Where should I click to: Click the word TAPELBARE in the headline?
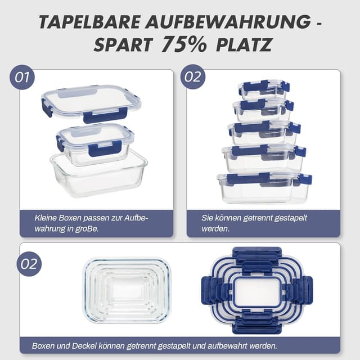point(89,22)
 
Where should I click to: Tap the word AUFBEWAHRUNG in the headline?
point(228,22)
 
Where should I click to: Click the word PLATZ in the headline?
point(244,45)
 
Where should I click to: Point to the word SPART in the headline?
point(123,45)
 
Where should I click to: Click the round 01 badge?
point(22,77)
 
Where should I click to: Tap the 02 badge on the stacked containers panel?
point(193,76)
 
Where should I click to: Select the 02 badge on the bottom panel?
point(29,264)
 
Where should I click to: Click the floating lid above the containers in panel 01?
point(91,103)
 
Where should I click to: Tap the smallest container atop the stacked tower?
point(264,89)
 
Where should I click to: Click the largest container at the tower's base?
point(264,187)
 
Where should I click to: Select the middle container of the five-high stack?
point(264,133)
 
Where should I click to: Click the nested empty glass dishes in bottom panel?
point(127,290)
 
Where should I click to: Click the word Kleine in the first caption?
point(46,218)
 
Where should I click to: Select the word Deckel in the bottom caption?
point(84,345)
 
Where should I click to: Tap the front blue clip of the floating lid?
point(105,115)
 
